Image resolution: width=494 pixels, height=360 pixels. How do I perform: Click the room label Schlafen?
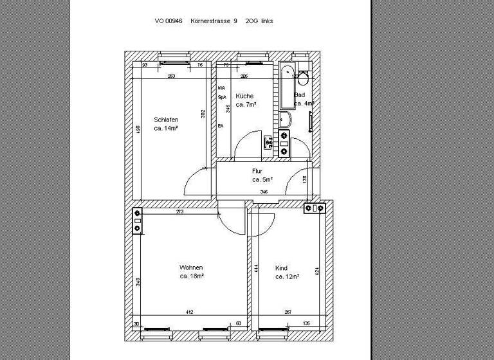tap(166, 120)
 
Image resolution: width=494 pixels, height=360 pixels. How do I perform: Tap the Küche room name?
tap(244, 96)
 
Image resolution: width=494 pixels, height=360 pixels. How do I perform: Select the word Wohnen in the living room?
tap(192, 267)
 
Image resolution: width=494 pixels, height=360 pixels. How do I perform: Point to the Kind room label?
tap(281, 268)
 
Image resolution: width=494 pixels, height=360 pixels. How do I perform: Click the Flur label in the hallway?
tap(257, 171)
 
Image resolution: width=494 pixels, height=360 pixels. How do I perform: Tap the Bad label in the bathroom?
tap(299, 94)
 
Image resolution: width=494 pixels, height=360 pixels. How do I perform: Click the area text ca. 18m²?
tap(192, 276)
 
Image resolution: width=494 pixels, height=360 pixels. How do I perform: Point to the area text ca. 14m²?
tap(166, 129)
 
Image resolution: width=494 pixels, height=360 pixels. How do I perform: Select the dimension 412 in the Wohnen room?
tap(190, 312)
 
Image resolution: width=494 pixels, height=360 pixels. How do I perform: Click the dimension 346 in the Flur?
tap(264, 192)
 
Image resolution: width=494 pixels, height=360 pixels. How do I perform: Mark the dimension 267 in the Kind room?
tap(288, 312)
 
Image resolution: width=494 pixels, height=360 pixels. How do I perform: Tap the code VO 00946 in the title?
tap(169, 21)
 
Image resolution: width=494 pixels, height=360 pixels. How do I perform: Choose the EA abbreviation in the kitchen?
tap(221, 126)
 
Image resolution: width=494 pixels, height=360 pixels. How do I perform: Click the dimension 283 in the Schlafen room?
tap(171, 76)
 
